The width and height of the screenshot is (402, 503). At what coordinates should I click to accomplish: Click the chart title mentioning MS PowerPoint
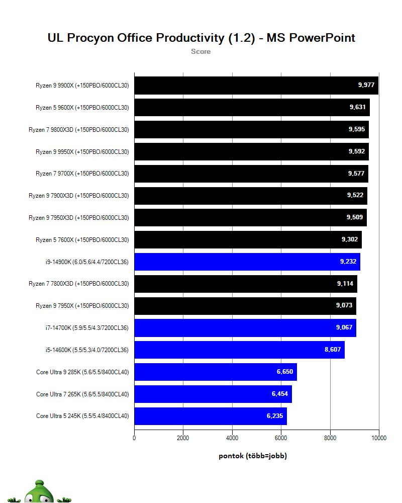[201, 38]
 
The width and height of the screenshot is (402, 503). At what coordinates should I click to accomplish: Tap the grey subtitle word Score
[200, 51]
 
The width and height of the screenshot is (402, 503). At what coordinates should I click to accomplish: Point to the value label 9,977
[366, 85]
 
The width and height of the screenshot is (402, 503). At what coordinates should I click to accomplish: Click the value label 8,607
[333, 350]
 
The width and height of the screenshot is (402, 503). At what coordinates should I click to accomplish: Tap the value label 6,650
[285, 372]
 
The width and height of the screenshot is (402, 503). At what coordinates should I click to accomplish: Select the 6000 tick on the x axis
[281, 438]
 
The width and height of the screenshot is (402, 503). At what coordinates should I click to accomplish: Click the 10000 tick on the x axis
[378, 438]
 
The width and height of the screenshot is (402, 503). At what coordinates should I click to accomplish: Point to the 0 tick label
[134, 438]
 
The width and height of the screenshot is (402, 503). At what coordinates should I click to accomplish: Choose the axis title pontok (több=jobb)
[253, 456]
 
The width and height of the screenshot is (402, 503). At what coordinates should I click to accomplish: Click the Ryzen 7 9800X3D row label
[79, 130]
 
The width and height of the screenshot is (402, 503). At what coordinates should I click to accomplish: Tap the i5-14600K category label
[86, 350]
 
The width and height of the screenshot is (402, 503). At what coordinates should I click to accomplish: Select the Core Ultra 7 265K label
[82, 394]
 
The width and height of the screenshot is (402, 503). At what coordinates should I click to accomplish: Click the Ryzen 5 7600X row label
[82, 240]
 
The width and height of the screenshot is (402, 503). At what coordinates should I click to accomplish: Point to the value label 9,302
[350, 239]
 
